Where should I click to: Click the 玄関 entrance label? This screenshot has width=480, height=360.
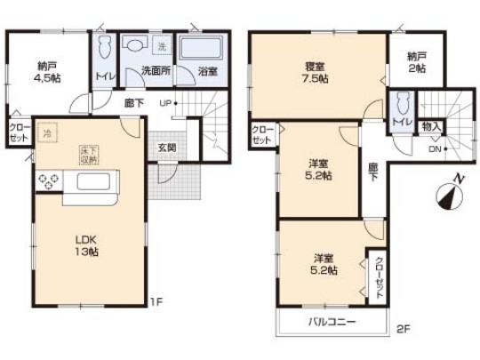click(x=167, y=147)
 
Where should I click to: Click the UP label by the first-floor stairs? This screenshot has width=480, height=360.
click(x=165, y=104)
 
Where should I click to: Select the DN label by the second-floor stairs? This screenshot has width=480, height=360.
click(x=435, y=150)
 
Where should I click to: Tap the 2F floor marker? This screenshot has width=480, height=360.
click(x=404, y=328)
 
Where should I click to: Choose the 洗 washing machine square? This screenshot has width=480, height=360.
click(x=161, y=45)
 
